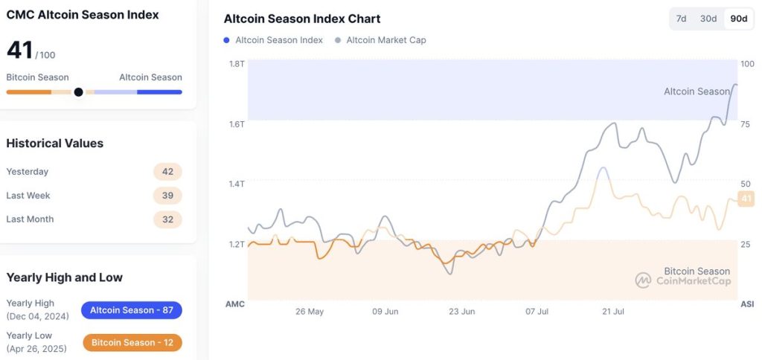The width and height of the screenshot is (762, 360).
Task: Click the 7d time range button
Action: point(682,19)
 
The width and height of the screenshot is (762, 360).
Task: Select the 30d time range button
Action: point(708,19)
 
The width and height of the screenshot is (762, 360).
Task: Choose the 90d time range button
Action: point(738,19)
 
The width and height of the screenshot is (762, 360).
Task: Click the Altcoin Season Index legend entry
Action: point(273,40)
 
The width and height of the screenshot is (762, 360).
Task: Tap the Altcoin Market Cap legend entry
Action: point(381,40)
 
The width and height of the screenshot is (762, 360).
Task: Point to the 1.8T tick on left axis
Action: point(237,64)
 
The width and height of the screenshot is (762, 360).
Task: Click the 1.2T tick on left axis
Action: point(237,245)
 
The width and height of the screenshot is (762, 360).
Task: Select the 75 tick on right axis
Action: point(746,124)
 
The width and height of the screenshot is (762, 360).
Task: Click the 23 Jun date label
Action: point(462,312)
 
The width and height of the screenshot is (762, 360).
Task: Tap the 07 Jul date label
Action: point(538,312)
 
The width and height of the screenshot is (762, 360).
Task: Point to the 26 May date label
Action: point(310,312)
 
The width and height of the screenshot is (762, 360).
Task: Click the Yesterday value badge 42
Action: point(167,172)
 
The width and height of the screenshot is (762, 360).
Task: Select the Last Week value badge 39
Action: point(167,196)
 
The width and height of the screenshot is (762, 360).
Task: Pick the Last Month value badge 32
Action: point(167,219)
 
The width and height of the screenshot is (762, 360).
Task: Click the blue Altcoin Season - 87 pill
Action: point(131,310)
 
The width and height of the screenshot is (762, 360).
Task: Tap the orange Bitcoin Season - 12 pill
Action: point(131,343)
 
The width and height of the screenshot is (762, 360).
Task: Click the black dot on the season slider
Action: point(78,92)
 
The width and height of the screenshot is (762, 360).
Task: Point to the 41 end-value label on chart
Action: point(746,198)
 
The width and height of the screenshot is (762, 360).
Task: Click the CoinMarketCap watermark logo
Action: point(643,280)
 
